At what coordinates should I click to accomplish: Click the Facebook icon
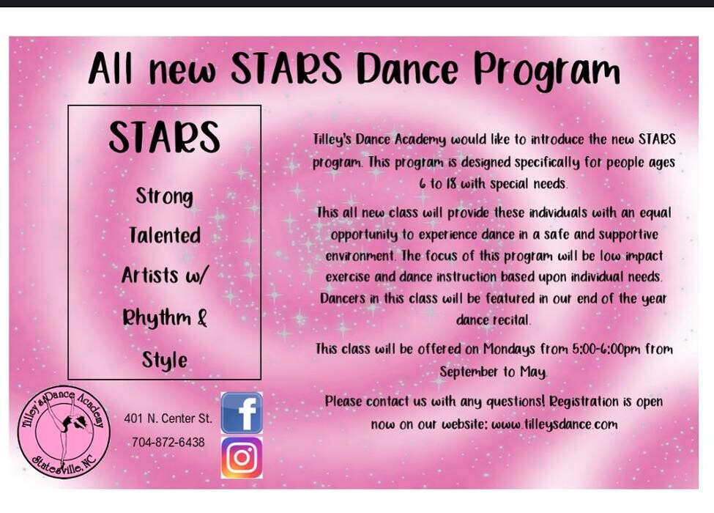click(242, 413)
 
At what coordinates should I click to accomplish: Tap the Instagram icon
click(242, 457)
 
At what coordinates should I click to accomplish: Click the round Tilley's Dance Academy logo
click(64, 431)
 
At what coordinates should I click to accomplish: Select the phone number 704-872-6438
click(168, 443)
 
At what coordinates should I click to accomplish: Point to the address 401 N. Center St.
click(168, 419)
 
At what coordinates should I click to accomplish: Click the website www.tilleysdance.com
click(554, 424)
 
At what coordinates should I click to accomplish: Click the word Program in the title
click(547, 71)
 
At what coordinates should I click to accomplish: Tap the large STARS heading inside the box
click(164, 137)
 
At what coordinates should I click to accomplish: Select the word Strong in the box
click(164, 196)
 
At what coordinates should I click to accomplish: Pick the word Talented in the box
click(165, 235)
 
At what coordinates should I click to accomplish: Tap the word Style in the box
click(164, 360)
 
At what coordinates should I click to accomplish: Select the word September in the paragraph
click(468, 372)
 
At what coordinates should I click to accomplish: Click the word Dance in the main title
click(408, 70)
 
